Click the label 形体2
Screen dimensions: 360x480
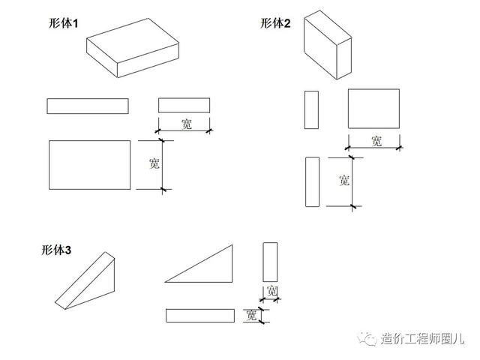(x=275, y=23)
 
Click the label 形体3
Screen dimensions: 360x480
(x=56, y=250)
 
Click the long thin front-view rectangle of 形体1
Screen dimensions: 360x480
(x=88, y=106)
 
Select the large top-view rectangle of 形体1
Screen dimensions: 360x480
(x=89, y=164)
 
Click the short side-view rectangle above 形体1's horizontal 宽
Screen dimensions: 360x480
(x=184, y=105)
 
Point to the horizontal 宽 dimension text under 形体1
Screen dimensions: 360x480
(x=187, y=124)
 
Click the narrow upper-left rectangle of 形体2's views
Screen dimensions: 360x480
(x=311, y=109)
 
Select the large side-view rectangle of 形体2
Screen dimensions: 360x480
(x=373, y=109)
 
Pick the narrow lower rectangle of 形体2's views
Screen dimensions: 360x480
(x=313, y=181)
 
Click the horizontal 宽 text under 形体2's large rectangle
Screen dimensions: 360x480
(x=376, y=140)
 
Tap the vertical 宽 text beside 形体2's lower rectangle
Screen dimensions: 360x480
(x=343, y=180)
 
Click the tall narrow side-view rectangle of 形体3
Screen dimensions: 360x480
(x=271, y=261)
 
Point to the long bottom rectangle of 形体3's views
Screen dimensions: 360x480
(x=200, y=315)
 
